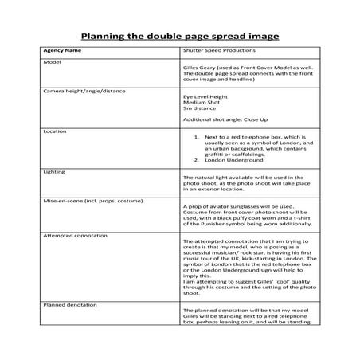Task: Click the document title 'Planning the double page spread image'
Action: [x=180, y=36]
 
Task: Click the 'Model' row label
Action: [x=51, y=63]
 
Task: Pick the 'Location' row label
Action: [x=54, y=131]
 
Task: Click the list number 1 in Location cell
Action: [x=195, y=136]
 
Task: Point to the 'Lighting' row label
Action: [x=54, y=170]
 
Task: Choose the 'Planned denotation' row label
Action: [x=67, y=306]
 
